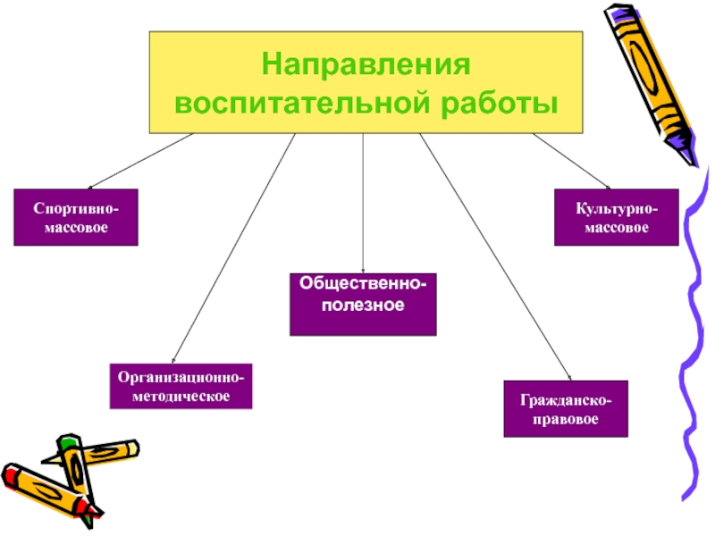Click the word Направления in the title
(x=366, y=66)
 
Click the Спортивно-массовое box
(x=76, y=217)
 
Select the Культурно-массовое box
(x=616, y=217)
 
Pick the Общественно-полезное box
(x=363, y=304)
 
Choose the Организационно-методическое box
(x=181, y=386)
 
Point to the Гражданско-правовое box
(x=565, y=408)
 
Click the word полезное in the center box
(x=363, y=306)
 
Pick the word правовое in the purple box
(x=565, y=418)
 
